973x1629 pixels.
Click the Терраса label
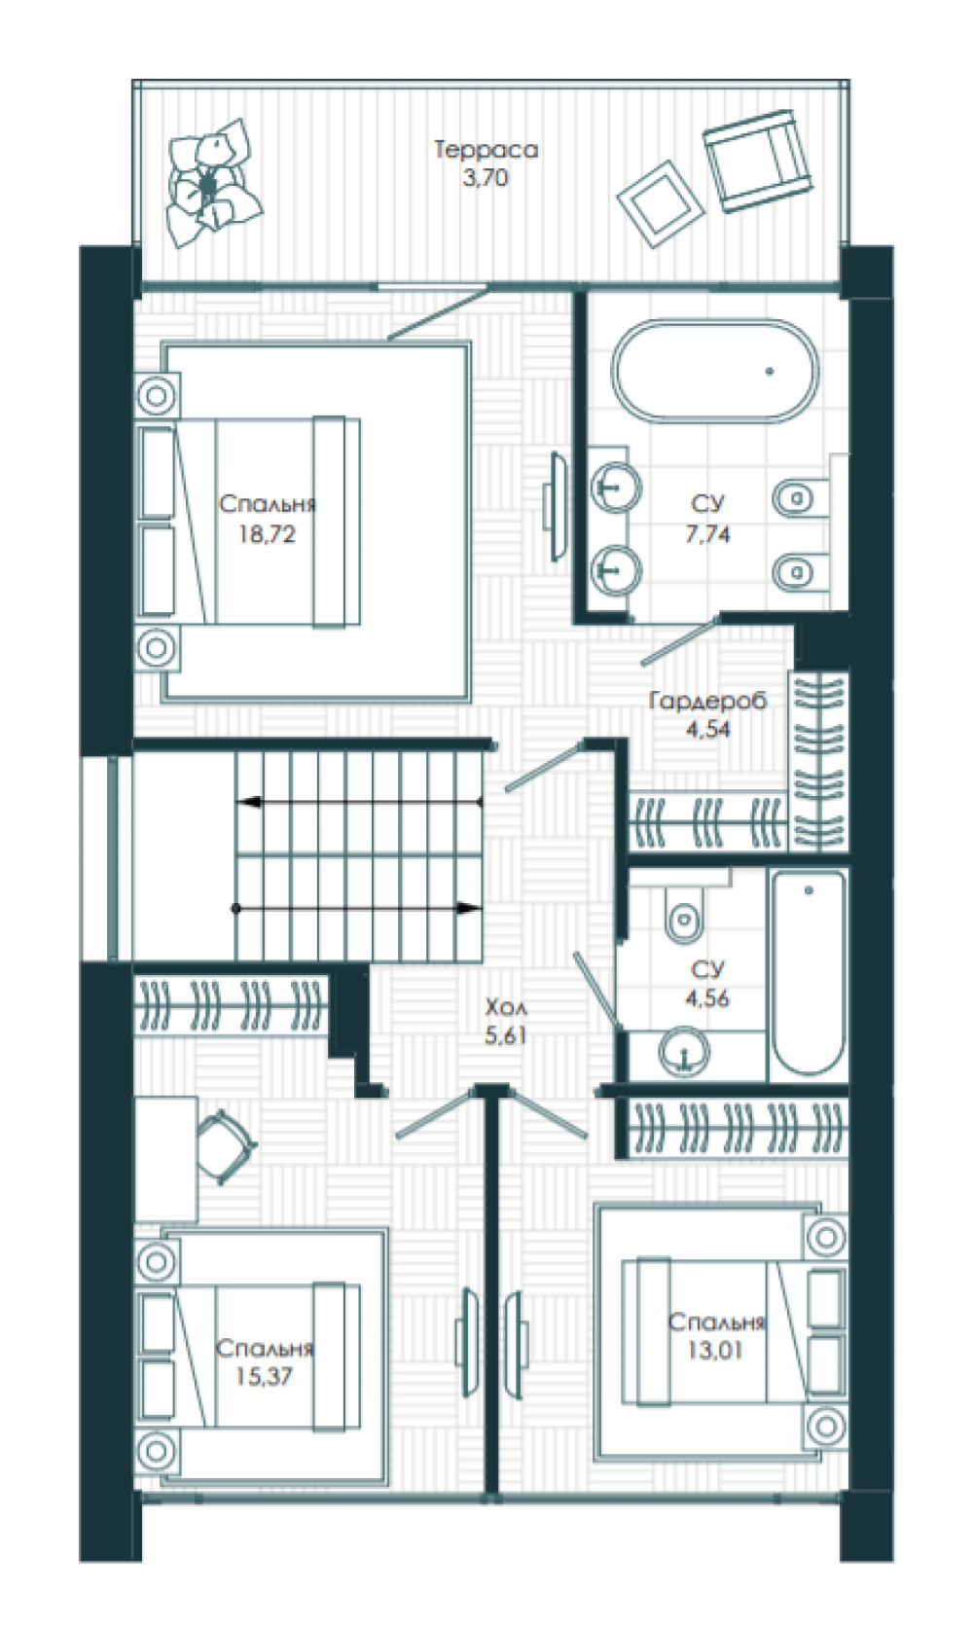click(486, 150)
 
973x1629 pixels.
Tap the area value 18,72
click(268, 535)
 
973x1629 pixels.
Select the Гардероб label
click(707, 701)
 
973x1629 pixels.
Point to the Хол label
click(505, 1008)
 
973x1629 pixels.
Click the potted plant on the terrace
click(212, 183)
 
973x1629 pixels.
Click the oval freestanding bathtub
click(715, 370)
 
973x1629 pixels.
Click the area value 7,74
click(706, 534)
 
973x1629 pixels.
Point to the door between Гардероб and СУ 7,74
click(680, 640)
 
